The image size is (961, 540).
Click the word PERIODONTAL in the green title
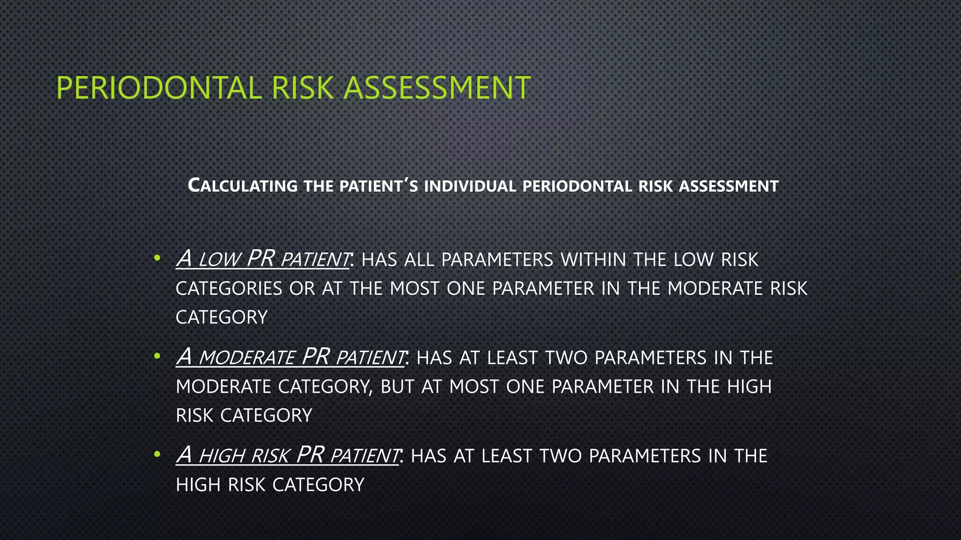coord(159,88)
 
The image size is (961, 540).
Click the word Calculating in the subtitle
coord(243,186)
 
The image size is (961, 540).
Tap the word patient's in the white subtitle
coord(379,186)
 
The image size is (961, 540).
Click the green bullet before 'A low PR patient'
coord(157,258)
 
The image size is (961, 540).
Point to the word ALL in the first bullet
coord(419,260)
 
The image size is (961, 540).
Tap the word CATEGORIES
coord(229,289)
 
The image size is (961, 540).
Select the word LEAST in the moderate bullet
coord(511,358)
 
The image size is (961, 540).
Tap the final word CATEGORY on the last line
coord(318,485)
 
